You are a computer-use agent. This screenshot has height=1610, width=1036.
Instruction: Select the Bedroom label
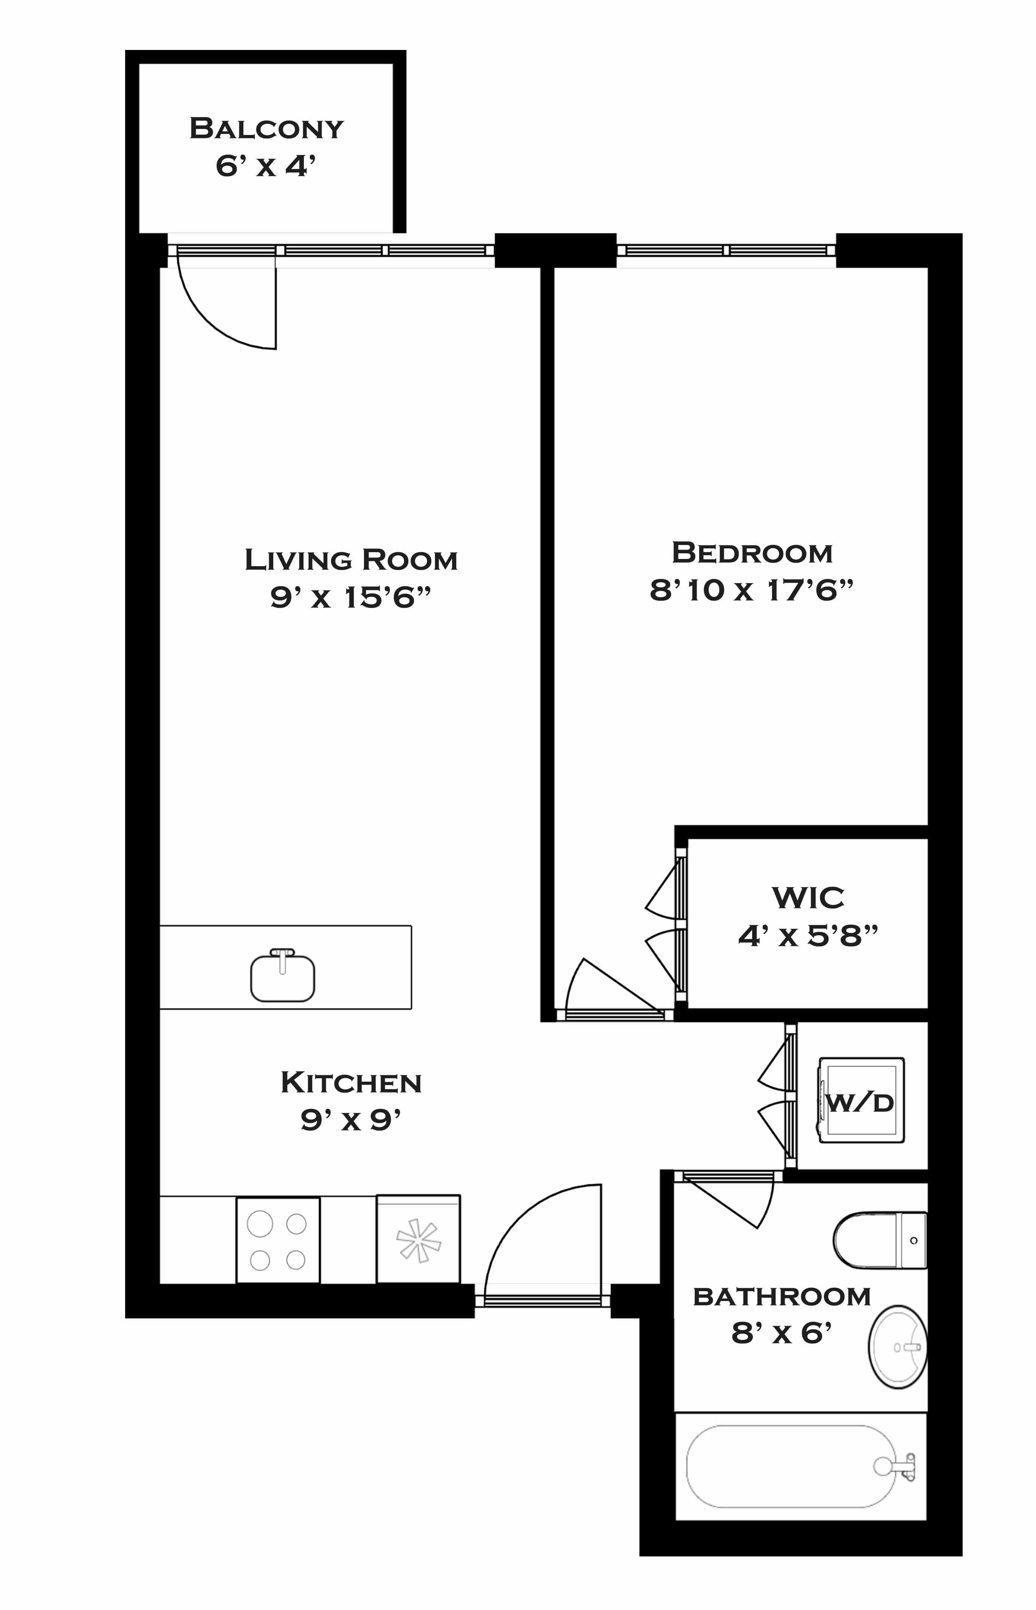pos(752,553)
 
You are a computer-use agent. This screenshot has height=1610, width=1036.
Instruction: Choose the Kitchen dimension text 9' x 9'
pos(350,1119)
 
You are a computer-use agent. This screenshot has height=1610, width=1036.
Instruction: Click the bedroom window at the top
pos(726,250)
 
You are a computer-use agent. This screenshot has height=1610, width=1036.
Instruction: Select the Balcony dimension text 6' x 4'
pos(266,166)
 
